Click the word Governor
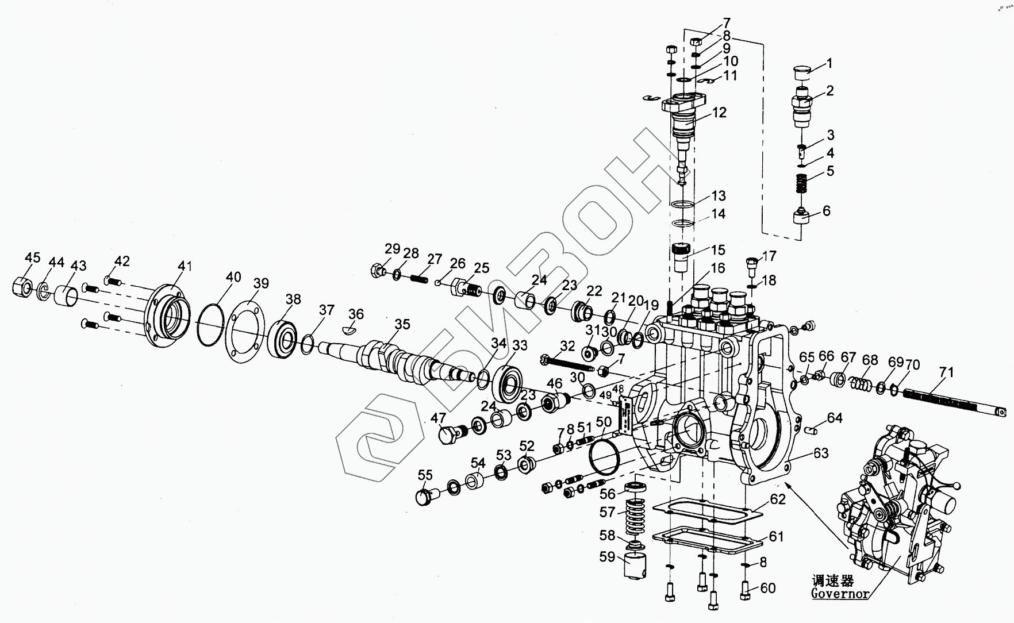click(x=840, y=593)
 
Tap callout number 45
click(x=33, y=257)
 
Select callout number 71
click(x=946, y=372)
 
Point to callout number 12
click(x=720, y=112)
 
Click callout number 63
click(x=821, y=453)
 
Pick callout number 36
click(x=356, y=314)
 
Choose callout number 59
click(x=607, y=557)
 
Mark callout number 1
click(x=829, y=63)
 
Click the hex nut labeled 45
click(x=21, y=286)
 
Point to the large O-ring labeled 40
click(x=210, y=326)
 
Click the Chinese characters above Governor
click(x=832, y=580)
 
